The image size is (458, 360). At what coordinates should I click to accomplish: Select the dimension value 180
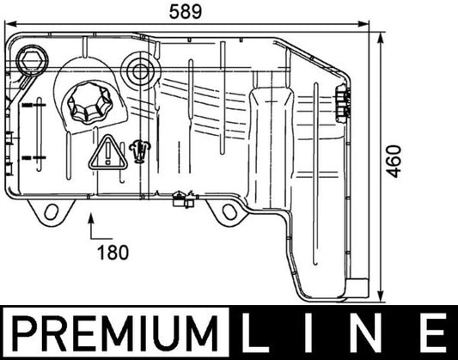[113, 252]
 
